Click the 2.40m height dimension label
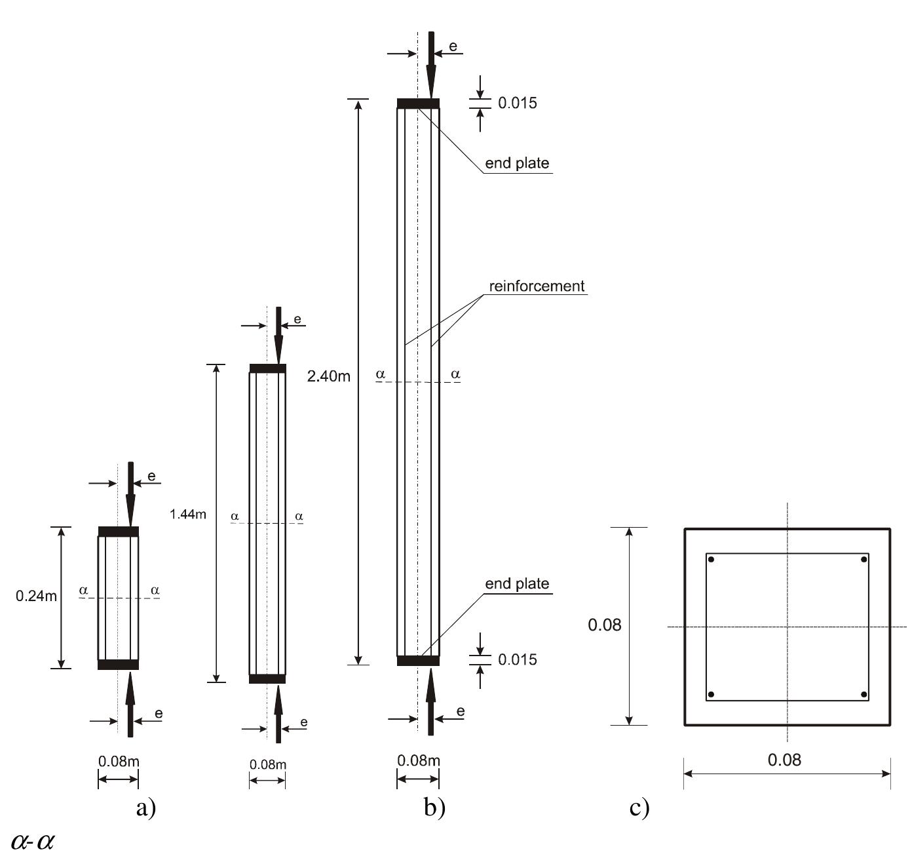coord(328,376)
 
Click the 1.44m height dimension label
coord(188,514)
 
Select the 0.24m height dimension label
coord(36,596)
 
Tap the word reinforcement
coord(537,286)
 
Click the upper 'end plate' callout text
coord(517,163)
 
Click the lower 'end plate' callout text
coord(517,583)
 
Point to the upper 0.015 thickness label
coord(518,103)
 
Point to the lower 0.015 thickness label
coord(518,659)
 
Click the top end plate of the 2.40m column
coord(418,104)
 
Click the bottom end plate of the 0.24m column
coord(118,665)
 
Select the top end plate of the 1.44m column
coord(268,368)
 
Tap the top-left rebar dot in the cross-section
coord(711,559)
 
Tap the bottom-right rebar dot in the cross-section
coord(864,694)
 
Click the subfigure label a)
coord(146,808)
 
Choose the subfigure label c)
coord(639,808)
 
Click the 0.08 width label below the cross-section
coord(784,760)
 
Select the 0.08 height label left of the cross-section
coord(604,625)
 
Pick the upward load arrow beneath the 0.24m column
coord(130,705)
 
